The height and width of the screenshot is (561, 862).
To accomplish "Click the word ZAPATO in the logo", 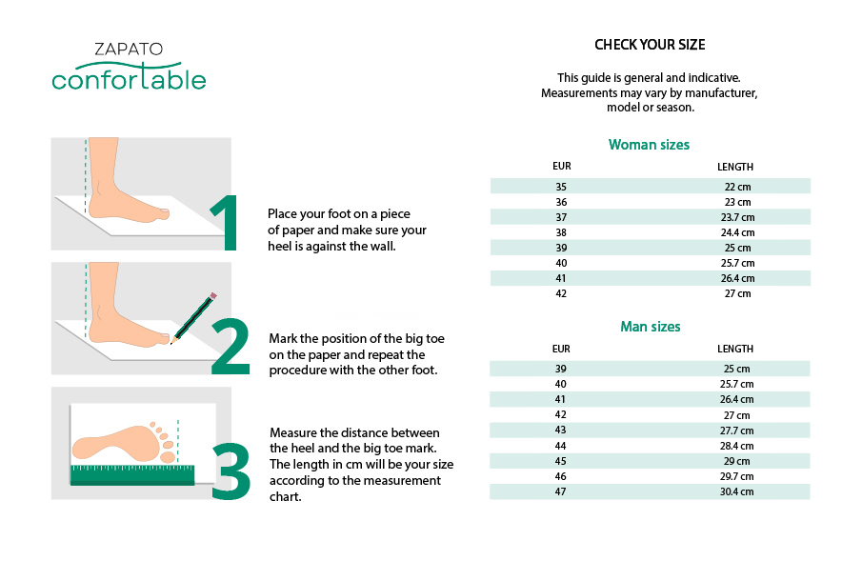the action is pos(129,49).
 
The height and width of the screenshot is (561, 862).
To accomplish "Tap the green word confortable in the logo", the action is pos(129,78).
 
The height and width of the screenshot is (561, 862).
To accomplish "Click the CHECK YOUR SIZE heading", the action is pos(650,45).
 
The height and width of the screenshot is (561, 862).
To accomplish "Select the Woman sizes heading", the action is pos(649,145).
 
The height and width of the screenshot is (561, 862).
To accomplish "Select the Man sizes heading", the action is pos(651,327).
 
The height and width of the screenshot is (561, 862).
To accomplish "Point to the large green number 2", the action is pos(231,347).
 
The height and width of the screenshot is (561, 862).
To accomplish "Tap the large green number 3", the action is pos(231,471).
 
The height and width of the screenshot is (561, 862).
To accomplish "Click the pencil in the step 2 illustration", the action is pos(193,318).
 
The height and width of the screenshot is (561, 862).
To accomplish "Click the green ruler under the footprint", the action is pos(132,475).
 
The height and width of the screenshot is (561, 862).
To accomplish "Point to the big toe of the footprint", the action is pos(167,456).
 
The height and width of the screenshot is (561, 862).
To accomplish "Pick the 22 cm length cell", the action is pos(737,187).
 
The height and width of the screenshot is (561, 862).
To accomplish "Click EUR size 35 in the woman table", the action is pos(561,187).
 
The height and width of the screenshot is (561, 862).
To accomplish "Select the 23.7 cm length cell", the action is pos(737,217).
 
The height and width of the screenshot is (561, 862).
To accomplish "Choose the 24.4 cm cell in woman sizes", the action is pos(737,232).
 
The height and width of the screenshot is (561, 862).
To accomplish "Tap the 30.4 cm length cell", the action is pos(736,491).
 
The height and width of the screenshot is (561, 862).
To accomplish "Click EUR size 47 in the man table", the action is pos(560,491).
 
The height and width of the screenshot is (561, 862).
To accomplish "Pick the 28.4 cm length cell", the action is pos(736,446).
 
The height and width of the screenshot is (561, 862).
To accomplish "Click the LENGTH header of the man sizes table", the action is pos(735,349).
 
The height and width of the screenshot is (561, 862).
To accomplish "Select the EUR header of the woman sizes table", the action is pos(562,166).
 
